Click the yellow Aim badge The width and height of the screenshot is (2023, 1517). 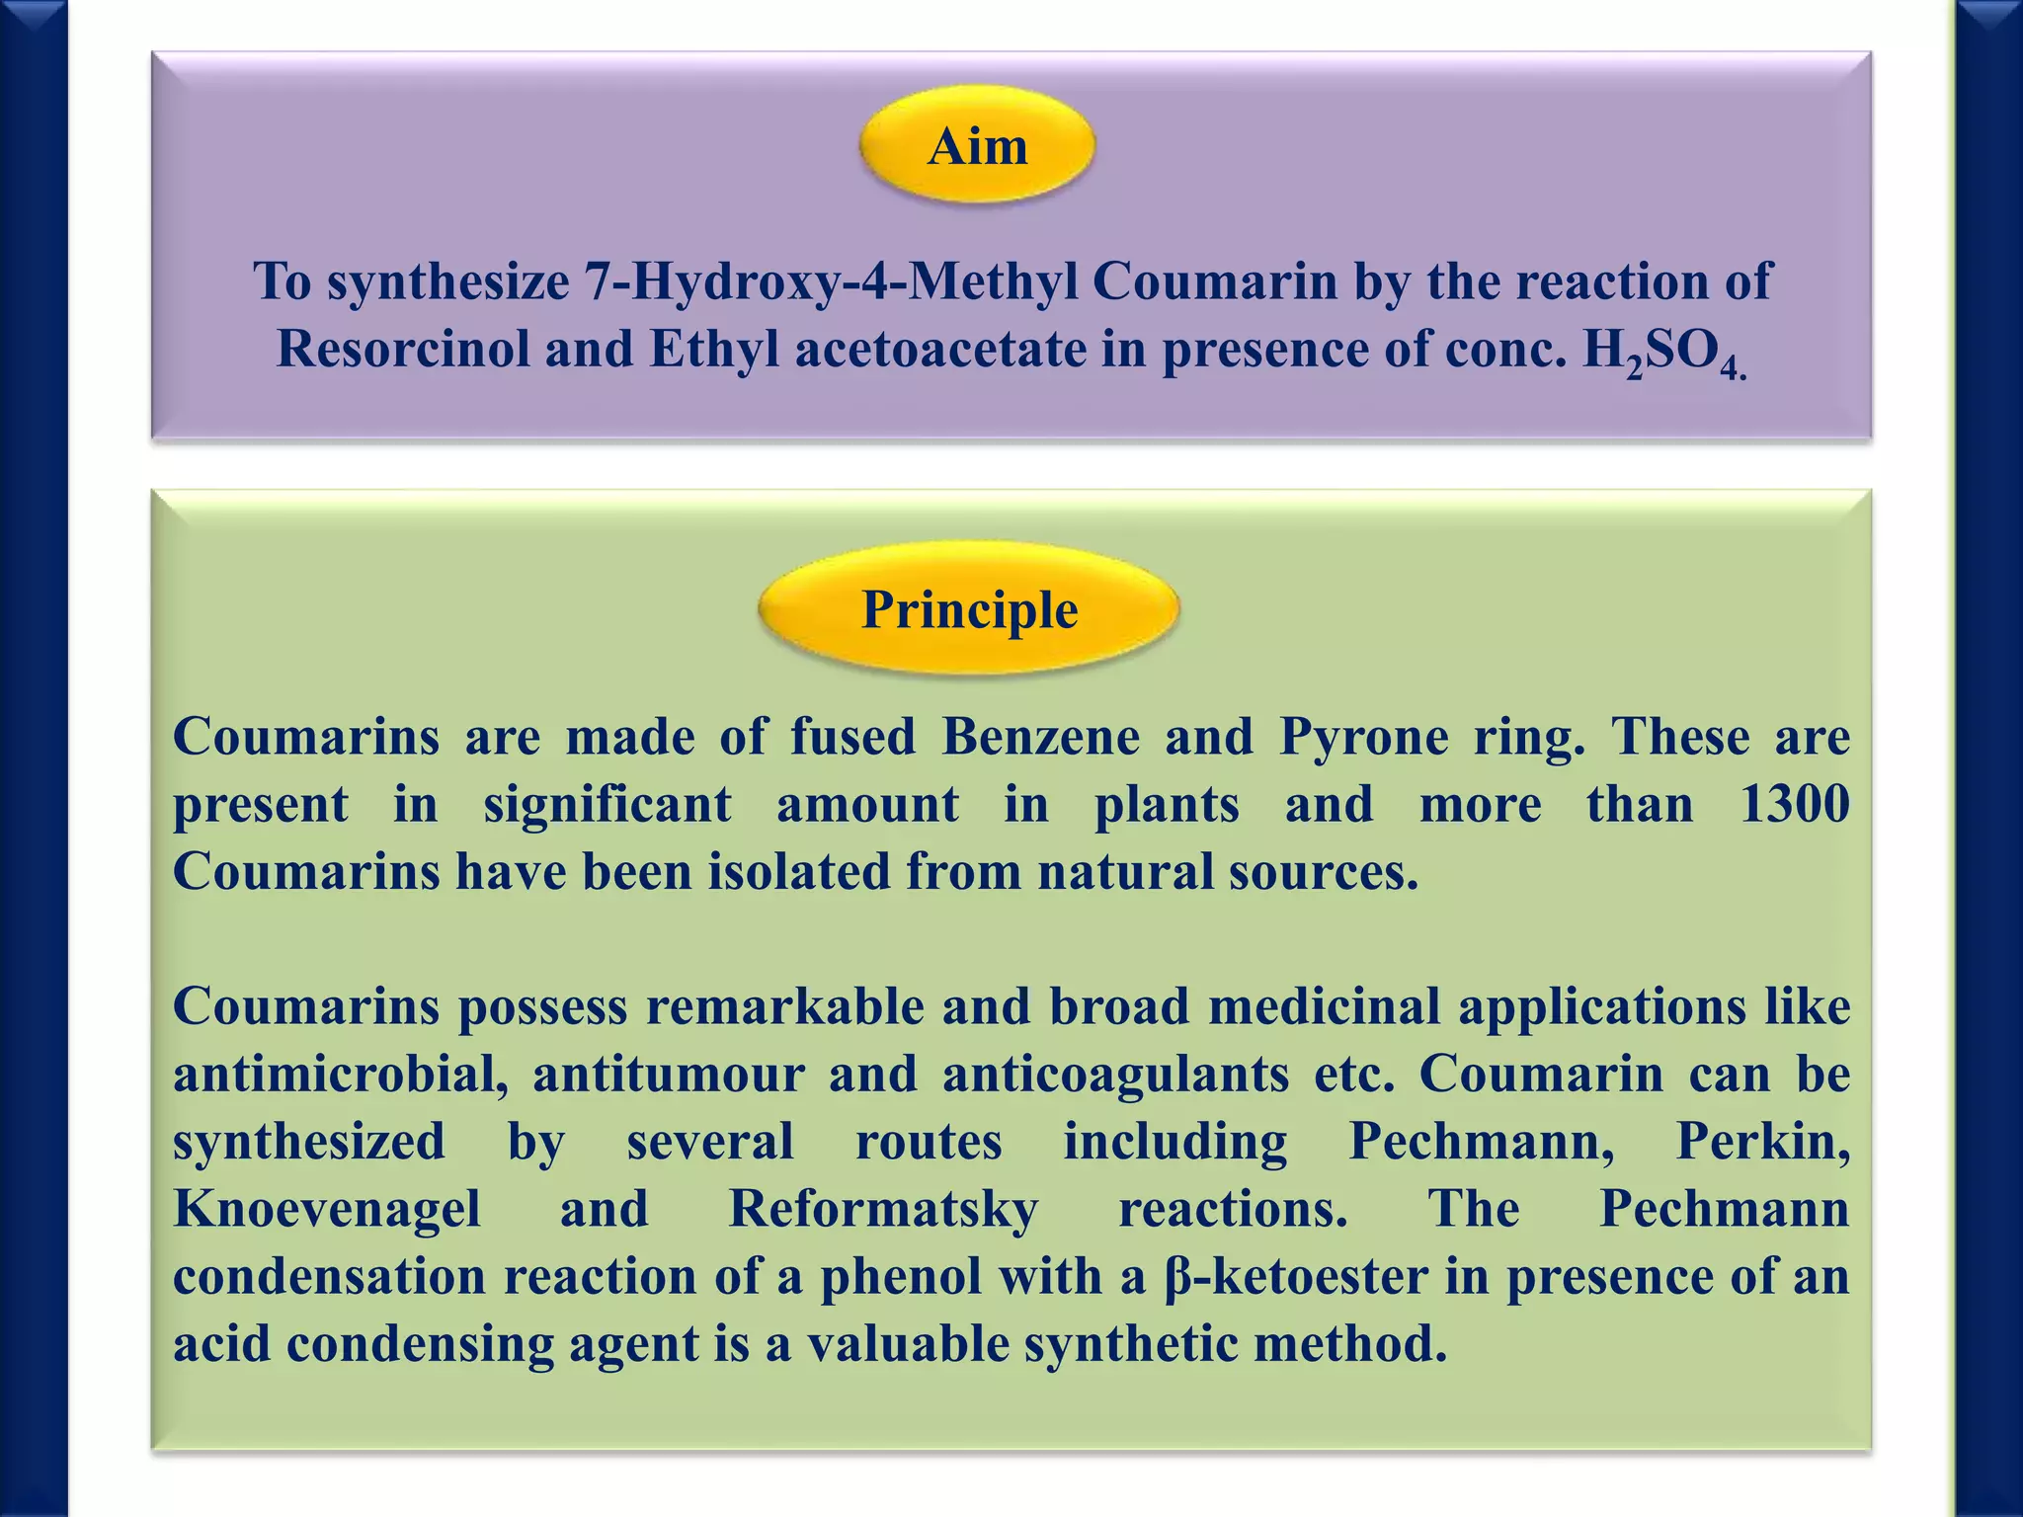pyautogui.click(x=977, y=146)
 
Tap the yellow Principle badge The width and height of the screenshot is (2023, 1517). pyautogui.click(x=969, y=608)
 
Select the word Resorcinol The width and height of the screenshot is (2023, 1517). pyautogui.click(x=403, y=349)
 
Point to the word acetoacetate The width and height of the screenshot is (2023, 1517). pyautogui.click(x=939, y=349)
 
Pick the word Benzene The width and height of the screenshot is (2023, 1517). pyautogui.click(x=1040, y=737)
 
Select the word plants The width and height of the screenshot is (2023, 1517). pyautogui.click(x=1167, y=804)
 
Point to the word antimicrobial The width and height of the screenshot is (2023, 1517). pyautogui.click(x=341, y=1075)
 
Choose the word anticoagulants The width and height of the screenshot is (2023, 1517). pyautogui.click(x=1115, y=1075)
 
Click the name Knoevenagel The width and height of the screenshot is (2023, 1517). pyautogui.click(x=327, y=1209)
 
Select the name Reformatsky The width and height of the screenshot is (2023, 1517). pyautogui.click(x=883, y=1209)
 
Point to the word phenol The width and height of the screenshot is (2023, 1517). pyautogui.click(x=901, y=1276)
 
